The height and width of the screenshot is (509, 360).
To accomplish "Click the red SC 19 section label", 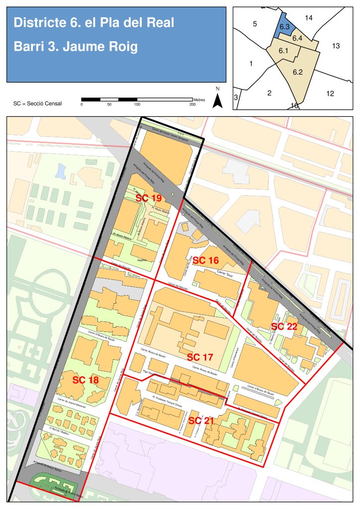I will pos(149,198).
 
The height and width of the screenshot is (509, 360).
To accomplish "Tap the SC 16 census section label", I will pos(206,260).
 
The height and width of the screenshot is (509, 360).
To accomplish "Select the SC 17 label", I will pos(200,357).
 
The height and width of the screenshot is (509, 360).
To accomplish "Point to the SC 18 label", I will pos(86,380).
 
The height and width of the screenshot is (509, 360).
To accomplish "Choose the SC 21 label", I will pos(201,421).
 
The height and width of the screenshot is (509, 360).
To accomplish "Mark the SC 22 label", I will pos(284,327).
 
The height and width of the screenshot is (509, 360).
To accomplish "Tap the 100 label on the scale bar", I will pos(137,104).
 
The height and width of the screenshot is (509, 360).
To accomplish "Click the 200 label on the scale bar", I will pos(192,104).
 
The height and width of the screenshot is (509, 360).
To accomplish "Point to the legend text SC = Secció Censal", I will pos(38,104).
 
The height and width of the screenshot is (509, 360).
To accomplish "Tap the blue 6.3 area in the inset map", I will pos(284,27).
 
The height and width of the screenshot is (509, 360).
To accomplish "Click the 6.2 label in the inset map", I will pos(298,72).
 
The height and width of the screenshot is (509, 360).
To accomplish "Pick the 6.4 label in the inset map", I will pos(298,38).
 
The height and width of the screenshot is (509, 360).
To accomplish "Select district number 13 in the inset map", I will pos(336,46).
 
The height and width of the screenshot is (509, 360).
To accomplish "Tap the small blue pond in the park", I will pos(61,172).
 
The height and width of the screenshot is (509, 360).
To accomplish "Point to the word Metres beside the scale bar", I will pos(199,100).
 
